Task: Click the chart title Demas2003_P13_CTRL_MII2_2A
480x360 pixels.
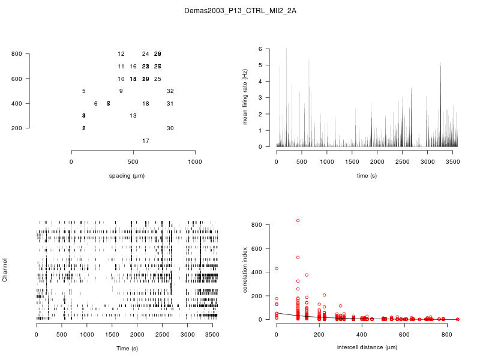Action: coord(239,11)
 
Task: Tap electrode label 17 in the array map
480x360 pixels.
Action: coord(145,140)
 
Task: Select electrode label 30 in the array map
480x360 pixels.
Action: coord(170,128)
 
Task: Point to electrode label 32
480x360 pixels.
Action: coord(170,91)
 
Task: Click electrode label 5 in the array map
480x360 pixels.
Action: coord(83,91)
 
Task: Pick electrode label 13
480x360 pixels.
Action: coord(133,116)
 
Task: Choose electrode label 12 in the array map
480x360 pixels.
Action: coord(121,54)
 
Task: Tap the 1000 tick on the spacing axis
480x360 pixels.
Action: coord(194,162)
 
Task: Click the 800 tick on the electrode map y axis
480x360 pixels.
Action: coord(17,54)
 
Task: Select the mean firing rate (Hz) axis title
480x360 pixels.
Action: coord(245,97)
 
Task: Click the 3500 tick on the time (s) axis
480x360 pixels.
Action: coord(452,161)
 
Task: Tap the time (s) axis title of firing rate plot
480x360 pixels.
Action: coord(367,176)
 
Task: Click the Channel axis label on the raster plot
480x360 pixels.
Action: coord(5,271)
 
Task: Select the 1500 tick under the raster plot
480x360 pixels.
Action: coord(112,334)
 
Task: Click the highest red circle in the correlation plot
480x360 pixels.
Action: coord(298,221)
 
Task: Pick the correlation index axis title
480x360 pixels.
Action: coord(245,271)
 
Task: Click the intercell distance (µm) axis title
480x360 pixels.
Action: coord(367,347)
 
